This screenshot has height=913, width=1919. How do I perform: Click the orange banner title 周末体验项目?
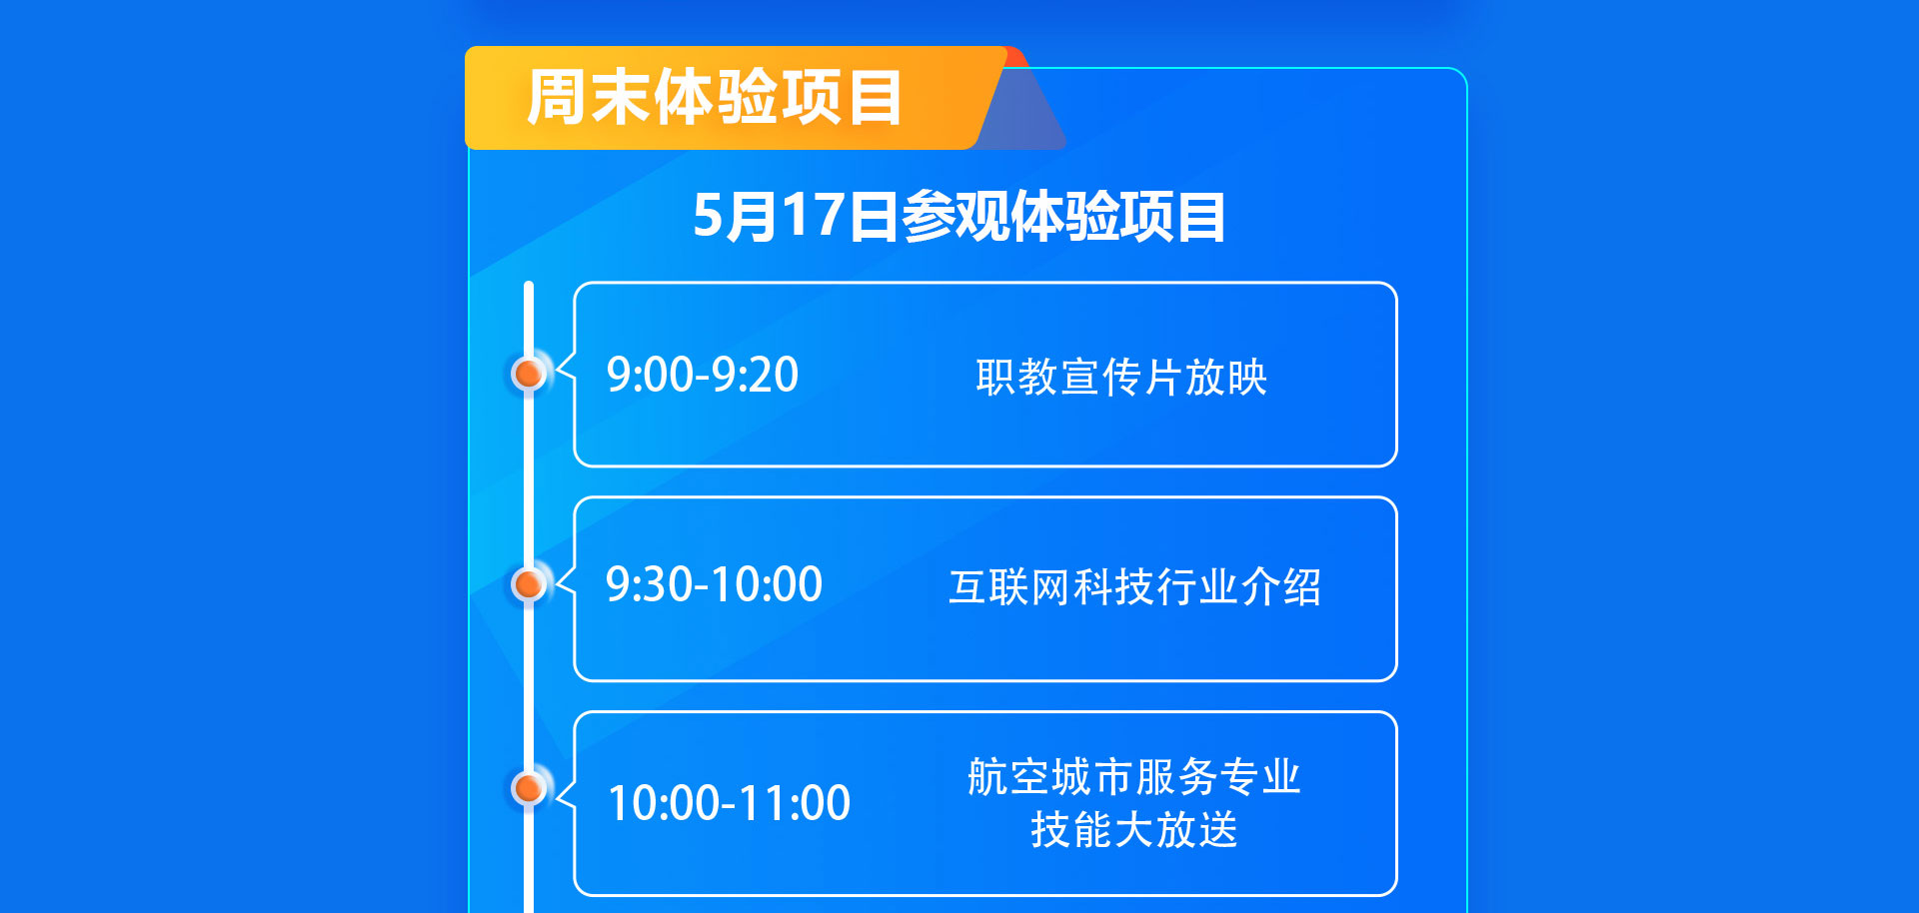pos(715,98)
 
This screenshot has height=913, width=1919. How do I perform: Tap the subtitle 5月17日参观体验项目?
pos(959,216)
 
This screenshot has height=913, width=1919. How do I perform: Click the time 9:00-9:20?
pos(702,375)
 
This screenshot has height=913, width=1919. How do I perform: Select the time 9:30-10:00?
pos(714,584)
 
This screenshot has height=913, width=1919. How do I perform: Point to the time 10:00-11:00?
pos(729,803)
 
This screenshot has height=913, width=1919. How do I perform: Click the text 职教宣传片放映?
pos(1121,378)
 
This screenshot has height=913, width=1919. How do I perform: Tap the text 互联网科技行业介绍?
pos(1134,587)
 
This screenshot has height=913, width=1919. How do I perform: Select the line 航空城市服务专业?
pos(1134,777)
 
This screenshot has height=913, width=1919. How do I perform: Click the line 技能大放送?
pos(1134,829)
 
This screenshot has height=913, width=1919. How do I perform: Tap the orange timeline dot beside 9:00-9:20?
pos(528,374)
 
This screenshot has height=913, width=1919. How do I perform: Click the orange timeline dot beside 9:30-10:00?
pos(528,583)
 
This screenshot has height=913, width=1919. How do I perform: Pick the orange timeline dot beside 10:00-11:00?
pos(528,788)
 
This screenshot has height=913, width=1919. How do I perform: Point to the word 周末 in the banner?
pos(589,98)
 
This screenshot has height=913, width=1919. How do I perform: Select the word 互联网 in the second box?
pos(1009,587)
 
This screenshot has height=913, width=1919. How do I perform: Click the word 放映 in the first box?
pos(1226,378)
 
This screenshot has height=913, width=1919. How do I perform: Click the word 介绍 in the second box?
pos(1280,587)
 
